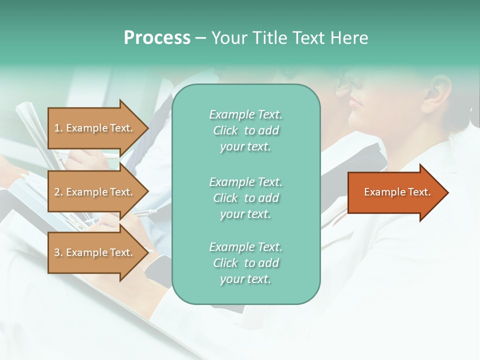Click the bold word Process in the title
(x=157, y=38)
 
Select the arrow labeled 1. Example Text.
(x=95, y=128)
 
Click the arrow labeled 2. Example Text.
(x=95, y=192)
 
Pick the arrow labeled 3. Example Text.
(x=95, y=252)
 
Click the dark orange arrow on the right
(x=395, y=192)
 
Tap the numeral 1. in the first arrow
(x=58, y=128)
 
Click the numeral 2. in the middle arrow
(x=58, y=192)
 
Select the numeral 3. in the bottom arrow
(x=58, y=252)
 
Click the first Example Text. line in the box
(x=245, y=114)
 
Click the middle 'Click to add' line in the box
(x=245, y=198)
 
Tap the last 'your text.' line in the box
(x=245, y=279)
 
